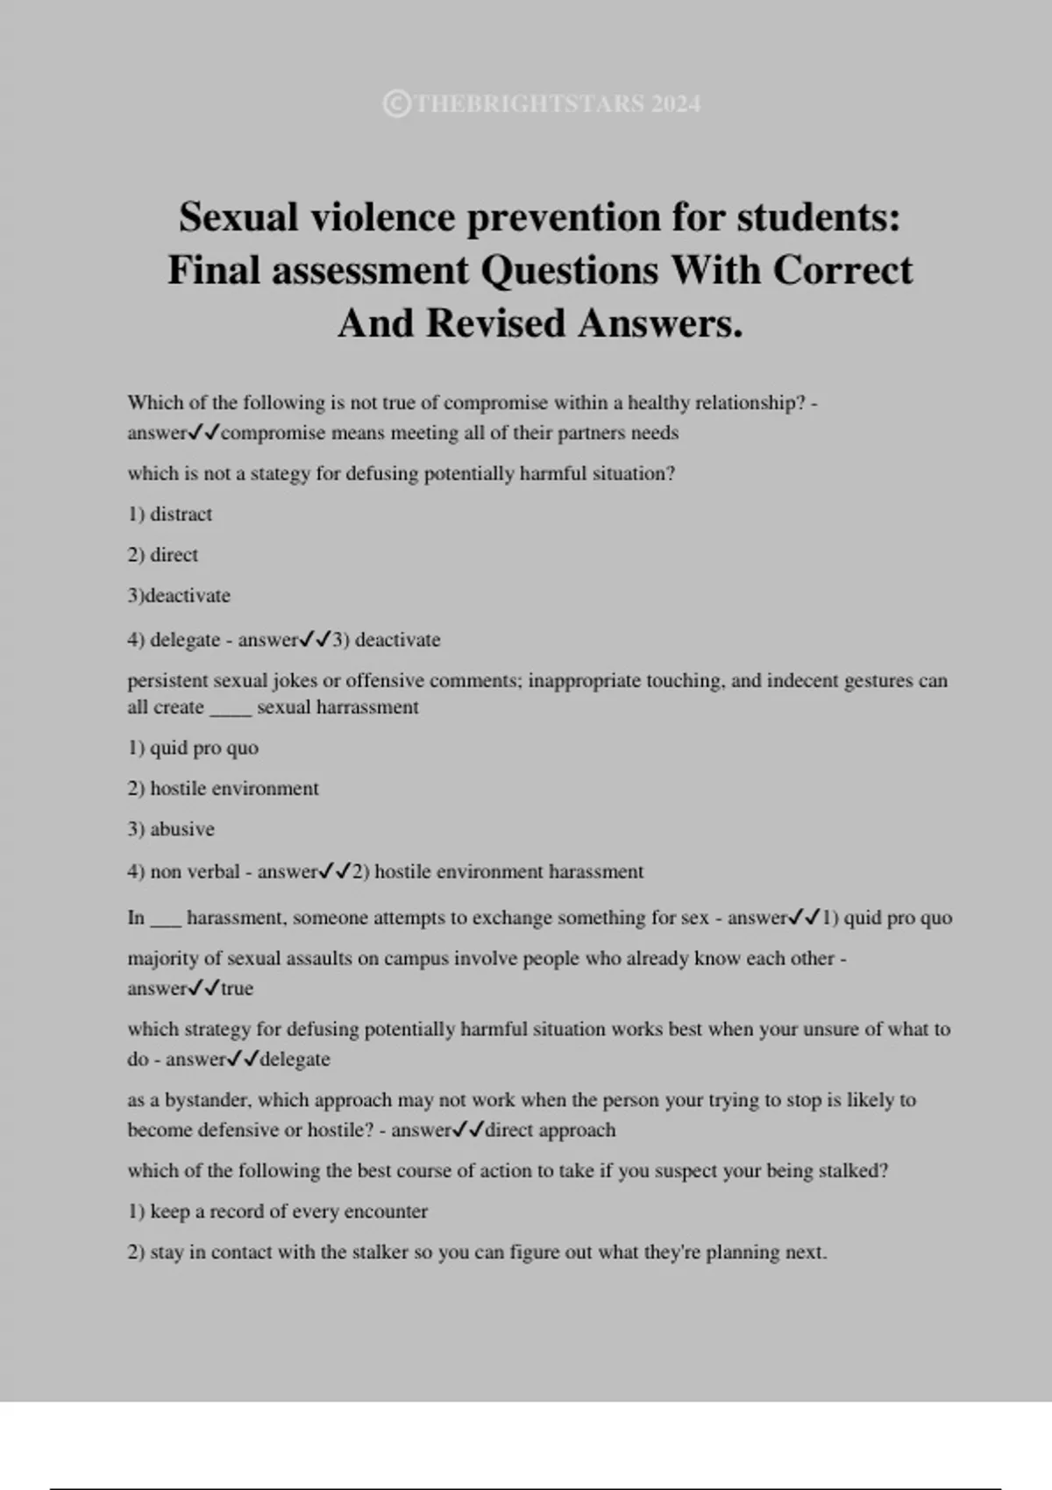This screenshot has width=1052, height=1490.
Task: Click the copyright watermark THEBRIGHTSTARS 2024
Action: point(543,104)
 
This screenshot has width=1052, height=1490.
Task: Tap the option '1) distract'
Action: point(170,514)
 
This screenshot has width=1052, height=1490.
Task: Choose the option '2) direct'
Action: point(163,555)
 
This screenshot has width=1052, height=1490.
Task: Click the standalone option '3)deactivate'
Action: point(179,596)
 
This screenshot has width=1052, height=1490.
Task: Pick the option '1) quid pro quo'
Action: point(193,749)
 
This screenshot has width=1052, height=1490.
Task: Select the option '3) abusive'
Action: point(171,829)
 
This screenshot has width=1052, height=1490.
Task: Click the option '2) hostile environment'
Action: point(224,789)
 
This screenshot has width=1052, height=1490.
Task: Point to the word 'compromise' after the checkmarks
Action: point(274,433)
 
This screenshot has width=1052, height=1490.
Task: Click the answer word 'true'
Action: point(237,989)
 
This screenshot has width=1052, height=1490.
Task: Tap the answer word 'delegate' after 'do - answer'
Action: point(295,1060)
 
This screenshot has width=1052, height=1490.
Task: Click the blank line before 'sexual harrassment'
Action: point(231,711)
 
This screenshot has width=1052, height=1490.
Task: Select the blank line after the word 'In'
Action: point(166,922)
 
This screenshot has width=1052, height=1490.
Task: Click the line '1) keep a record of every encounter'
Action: point(278,1212)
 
